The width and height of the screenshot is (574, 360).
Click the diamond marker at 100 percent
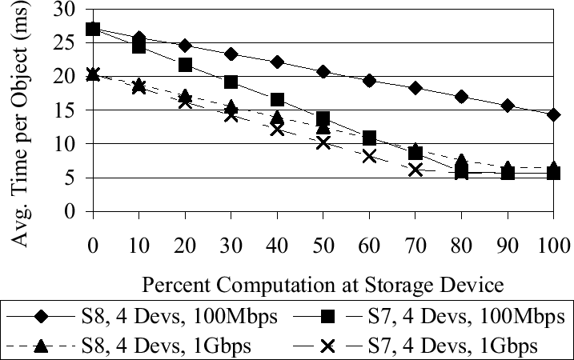553,114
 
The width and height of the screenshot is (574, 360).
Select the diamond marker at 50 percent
323,71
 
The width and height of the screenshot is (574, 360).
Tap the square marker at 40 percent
277,99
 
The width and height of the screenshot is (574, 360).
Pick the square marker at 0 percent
93,29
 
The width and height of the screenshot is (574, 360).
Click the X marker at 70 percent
415,170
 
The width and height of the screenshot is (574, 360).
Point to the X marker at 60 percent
369,156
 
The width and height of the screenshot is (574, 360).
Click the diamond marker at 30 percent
231,54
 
